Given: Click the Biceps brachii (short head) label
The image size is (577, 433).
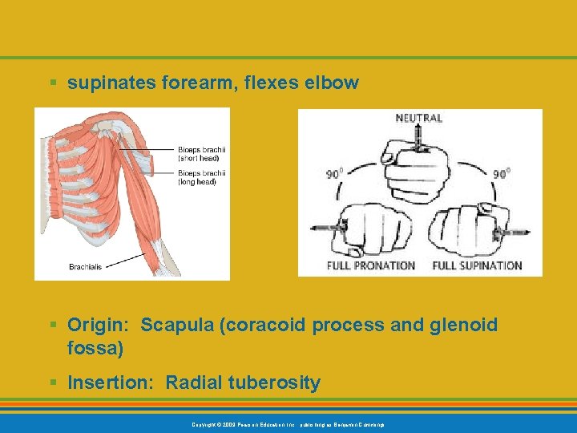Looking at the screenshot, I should [201, 154].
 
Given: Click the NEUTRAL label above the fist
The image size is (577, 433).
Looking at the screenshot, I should [418, 118].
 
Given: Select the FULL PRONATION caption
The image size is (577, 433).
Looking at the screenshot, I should [371, 265].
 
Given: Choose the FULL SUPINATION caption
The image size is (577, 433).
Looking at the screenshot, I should [478, 265].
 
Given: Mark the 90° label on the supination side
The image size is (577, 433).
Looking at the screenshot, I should [502, 173].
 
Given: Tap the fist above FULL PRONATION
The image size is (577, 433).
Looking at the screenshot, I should [368, 229].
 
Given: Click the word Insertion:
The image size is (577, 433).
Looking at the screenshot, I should [113, 383].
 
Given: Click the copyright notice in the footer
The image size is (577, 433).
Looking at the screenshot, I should [288, 423].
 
